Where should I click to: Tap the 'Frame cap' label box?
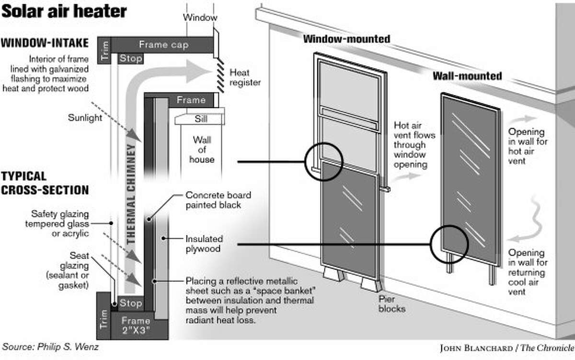click(163, 45)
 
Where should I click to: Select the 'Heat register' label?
click(245, 78)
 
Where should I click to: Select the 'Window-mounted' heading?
click(346, 39)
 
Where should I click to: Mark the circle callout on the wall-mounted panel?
click(449, 244)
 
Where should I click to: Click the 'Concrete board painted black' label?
click(218, 200)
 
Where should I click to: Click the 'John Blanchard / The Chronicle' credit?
click(507, 348)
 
